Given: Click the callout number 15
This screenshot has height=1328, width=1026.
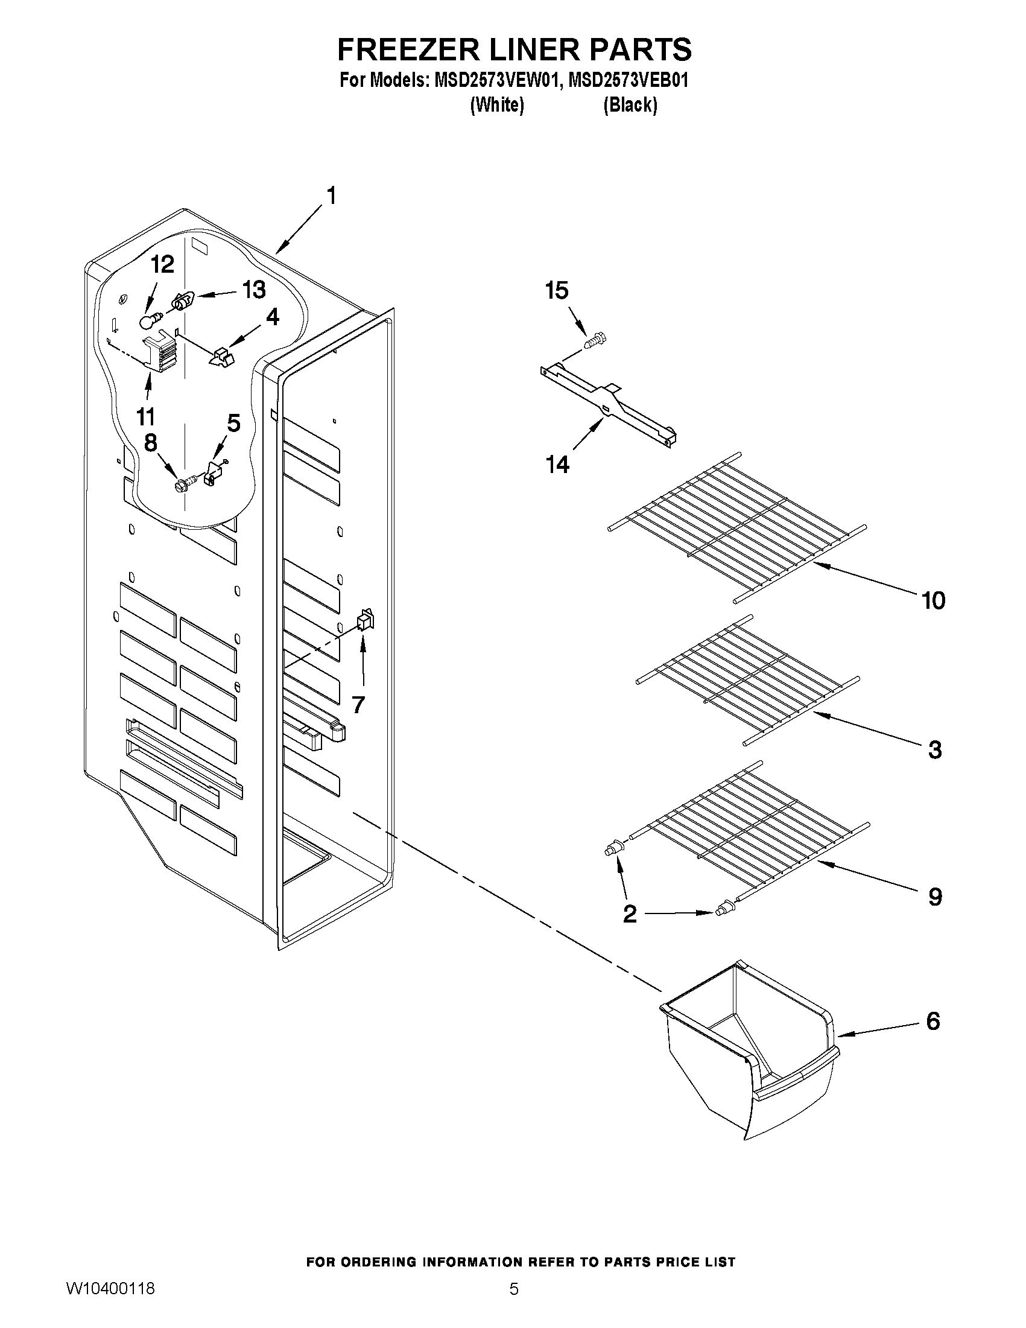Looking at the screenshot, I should click(x=557, y=291).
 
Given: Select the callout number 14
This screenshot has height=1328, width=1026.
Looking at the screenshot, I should click(x=557, y=465).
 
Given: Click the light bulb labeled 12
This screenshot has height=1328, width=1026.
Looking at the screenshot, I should click(x=149, y=320).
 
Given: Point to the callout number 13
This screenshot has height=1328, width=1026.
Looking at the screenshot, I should click(x=254, y=290).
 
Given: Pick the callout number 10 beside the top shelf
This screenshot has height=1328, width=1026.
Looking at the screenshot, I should click(x=934, y=601).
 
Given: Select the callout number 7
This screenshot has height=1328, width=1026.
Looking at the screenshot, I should click(x=358, y=705).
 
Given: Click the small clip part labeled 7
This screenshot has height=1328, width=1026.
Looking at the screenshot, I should click(x=364, y=620).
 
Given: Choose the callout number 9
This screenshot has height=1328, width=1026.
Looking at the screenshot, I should click(x=935, y=897).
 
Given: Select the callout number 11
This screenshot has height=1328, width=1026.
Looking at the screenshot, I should click(x=145, y=417).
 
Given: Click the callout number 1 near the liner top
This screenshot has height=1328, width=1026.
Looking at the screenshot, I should click(x=331, y=196).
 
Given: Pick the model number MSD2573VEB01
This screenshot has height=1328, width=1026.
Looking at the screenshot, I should click(x=628, y=81).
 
